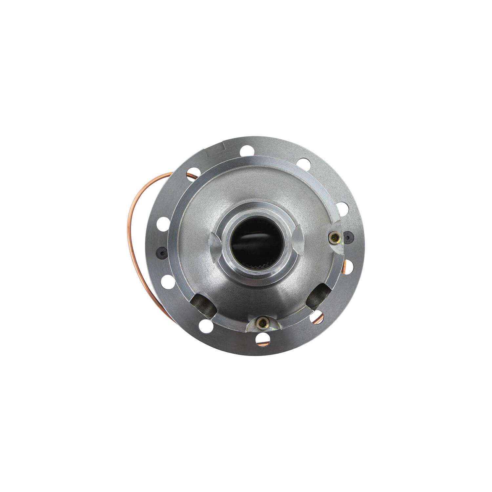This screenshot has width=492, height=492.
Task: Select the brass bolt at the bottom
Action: pos(261,324)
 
